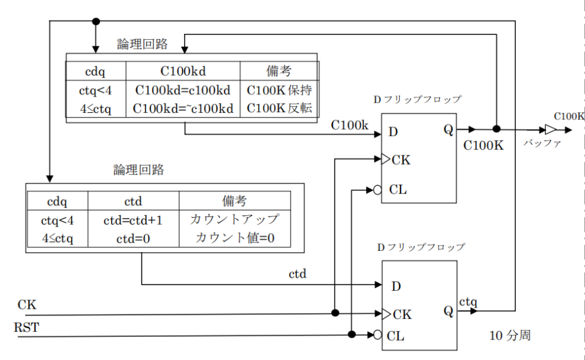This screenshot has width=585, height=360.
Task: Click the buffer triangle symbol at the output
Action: [x=549, y=130]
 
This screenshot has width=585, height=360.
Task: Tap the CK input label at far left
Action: [x=26, y=304]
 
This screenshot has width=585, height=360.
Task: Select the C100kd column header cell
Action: [x=183, y=71]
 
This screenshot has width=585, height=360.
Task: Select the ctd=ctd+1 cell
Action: [x=133, y=220]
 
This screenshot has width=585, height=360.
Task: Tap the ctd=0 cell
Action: [x=133, y=237]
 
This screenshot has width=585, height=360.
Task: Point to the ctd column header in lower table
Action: [x=133, y=202]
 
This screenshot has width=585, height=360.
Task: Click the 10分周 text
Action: [x=510, y=335]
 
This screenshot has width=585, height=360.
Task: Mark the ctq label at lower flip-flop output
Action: [x=468, y=302]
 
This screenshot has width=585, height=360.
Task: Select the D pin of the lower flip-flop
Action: [x=395, y=286]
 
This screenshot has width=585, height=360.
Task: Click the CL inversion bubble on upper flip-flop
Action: [x=377, y=190]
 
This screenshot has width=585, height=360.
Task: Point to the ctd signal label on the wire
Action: [x=297, y=273]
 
